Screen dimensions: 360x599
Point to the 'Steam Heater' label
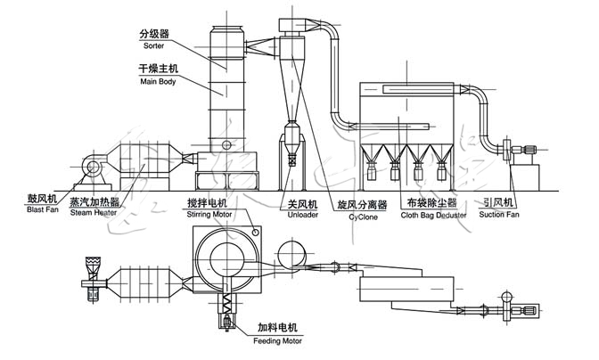(94, 214)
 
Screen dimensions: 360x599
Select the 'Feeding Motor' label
(279, 340)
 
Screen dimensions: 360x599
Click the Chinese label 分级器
(152, 34)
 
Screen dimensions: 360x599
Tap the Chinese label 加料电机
(278, 327)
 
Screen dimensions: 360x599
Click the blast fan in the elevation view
(91, 167)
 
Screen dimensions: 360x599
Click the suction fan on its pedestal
(515, 150)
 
